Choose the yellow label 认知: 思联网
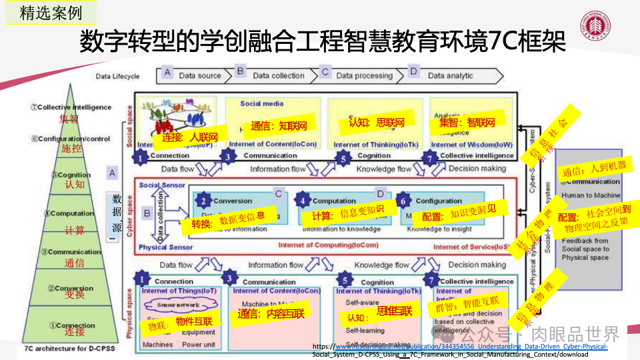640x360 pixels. coord(377,123)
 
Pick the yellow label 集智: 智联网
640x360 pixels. coord(471,123)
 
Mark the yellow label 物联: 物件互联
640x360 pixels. coord(180,323)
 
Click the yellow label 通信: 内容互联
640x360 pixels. coord(272,313)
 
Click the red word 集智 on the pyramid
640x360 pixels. coord(69,119)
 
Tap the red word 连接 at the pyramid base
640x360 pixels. coord(75,332)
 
